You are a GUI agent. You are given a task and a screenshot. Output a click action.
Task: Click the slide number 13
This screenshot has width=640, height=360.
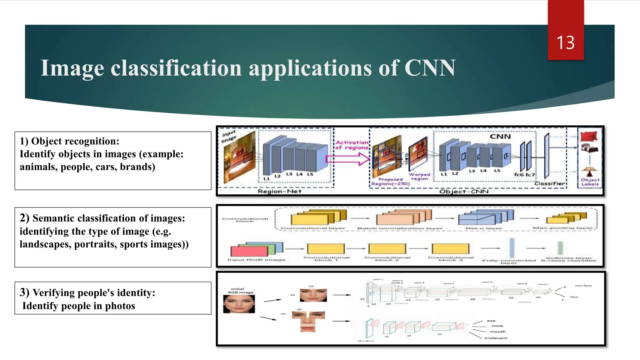pos(565,43)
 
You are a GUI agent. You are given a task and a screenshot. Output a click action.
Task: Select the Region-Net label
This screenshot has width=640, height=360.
pos(279,191)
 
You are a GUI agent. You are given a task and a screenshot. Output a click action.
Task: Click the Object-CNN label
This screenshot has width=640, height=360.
pos(464,191)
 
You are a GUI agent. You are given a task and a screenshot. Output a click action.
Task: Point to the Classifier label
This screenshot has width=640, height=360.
pos(550,183)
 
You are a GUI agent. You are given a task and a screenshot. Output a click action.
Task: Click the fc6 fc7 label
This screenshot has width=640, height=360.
pos(524,175)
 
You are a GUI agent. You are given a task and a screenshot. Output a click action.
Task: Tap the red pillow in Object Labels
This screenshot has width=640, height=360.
pos(588,137)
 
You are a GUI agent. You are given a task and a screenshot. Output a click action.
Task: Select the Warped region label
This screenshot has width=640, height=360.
pos(419,177)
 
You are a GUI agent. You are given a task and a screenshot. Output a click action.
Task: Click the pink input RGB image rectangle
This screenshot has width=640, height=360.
pos(249,251)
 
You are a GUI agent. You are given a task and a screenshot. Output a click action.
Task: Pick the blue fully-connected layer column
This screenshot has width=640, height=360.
pos(512,248)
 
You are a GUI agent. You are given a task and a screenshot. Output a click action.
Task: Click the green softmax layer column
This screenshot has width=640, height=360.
pos(560,248)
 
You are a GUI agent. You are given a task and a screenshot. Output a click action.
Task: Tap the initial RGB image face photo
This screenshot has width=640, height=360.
pos(239,304)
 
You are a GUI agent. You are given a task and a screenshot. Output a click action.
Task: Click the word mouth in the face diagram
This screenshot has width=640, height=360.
pos(497,332)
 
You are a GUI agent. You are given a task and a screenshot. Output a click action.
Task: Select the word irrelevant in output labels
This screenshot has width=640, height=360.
pos(496,338)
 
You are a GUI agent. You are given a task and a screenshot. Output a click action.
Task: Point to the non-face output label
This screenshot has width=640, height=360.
pos(583,286)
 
